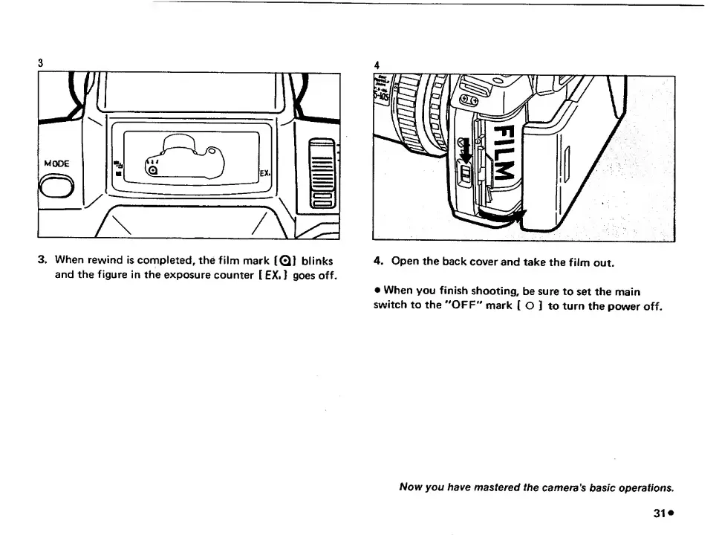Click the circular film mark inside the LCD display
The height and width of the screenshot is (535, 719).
point(154,170)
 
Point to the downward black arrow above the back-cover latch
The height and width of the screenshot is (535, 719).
point(465,152)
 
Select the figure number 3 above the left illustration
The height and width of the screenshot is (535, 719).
point(42,63)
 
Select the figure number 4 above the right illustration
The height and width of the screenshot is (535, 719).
point(377,64)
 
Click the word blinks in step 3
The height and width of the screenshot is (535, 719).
point(318,261)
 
